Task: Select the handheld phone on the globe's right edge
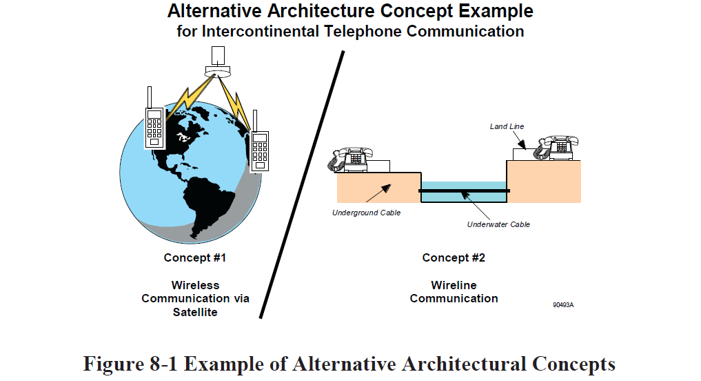[x=259, y=146]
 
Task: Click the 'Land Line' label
[x=507, y=126]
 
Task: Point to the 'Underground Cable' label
[x=366, y=213]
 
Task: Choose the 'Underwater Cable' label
[x=498, y=224]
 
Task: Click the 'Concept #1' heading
[x=195, y=258]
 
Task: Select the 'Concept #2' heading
[x=454, y=258]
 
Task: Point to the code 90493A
[x=563, y=304]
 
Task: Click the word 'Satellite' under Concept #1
[x=195, y=312]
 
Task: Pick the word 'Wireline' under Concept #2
[x=454, y=285]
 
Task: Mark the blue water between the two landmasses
[x=463, y=196]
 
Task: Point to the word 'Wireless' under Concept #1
[x=195, y=285]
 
